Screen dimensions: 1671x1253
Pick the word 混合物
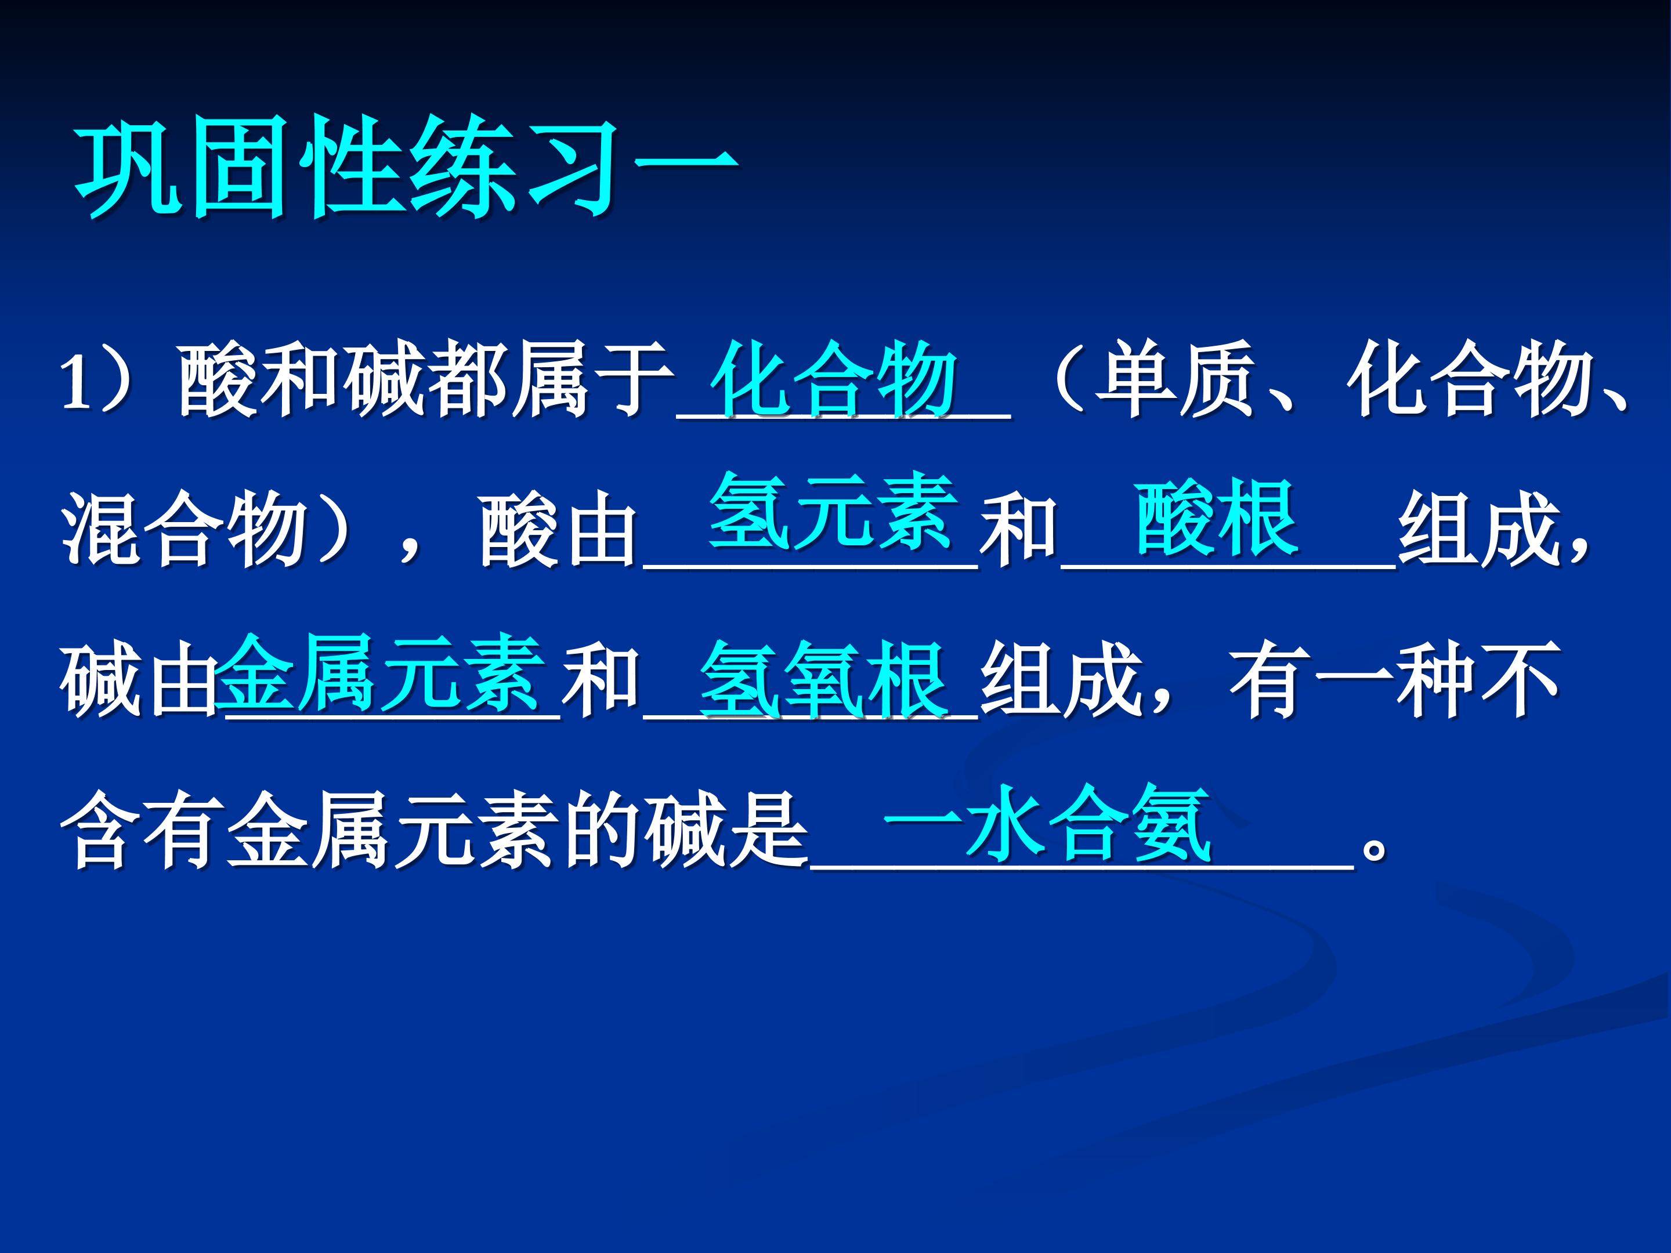185,528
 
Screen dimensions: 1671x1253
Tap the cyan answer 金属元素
382,673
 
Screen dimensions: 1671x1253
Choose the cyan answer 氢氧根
824,680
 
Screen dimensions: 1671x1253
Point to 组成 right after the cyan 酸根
1480,528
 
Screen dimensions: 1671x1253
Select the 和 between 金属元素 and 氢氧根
601,680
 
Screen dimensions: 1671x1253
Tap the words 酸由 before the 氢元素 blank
558,528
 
